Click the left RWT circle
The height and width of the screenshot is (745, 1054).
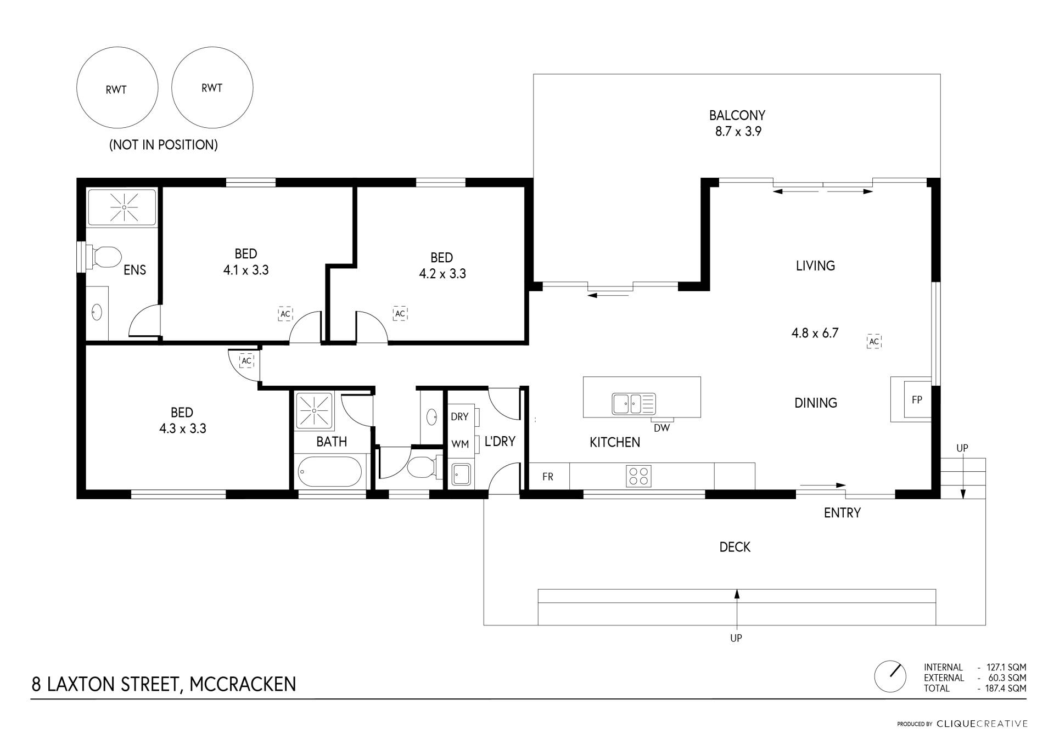[x=117, y=88]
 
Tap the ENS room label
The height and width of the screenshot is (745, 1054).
[x=134, y=270]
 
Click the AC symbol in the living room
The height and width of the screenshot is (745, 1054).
[x=874, y=342]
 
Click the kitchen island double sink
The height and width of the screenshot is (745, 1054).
[x=634, y=404]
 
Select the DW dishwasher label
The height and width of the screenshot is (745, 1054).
[x=661, y=428]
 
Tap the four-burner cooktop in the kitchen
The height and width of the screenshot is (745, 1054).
[x=638, y=476]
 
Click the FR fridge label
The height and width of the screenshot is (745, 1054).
[x=548, y=477]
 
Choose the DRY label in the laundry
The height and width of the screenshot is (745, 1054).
[x=459, y=417]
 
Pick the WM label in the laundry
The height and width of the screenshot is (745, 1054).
[x=460, y=444]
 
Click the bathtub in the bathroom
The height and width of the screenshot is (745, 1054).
[x=330, y=472]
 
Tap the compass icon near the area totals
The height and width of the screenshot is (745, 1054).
[x=890, y=676]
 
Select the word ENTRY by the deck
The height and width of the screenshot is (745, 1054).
[x=842, y=513]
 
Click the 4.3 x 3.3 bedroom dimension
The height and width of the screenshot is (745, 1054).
[x=183, y=428]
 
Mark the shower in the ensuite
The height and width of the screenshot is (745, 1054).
[x=124, y=207]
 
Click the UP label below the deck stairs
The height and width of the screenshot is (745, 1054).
[x=736, y=638]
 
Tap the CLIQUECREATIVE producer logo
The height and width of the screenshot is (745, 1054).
[x=982, y=724]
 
